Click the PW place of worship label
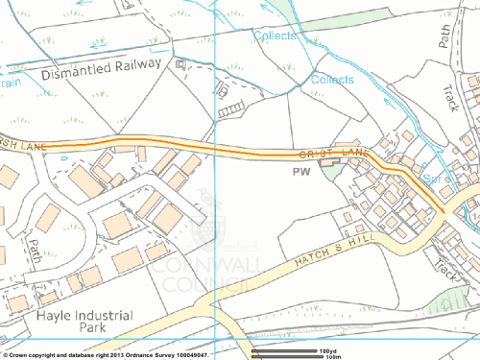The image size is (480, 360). tap(301, 174)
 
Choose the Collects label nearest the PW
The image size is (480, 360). tap(331, 81)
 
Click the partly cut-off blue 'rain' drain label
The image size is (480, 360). tap(10, 84)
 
